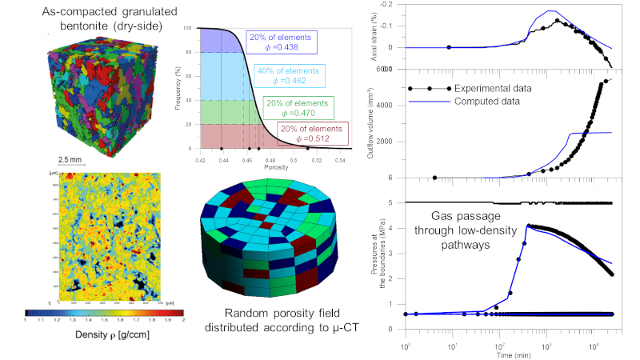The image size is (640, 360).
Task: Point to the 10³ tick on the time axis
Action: tap(546, 339)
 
